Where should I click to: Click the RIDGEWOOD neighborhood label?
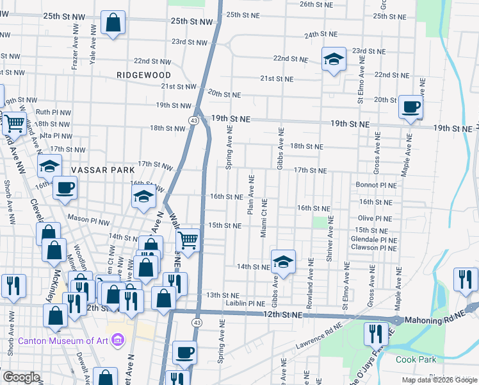point(144,75)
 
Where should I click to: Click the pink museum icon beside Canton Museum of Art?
point(118,339)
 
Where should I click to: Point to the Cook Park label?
point(416,359)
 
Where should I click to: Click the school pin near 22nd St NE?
point(334,60)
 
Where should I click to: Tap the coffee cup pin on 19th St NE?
point(410,107)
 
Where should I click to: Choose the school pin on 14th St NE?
point(282,261)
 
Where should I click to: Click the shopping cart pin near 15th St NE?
point(188,241)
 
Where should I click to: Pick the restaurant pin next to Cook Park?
point(373,334)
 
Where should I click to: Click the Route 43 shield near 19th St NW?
point(193,120)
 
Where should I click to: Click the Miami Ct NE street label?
point(264,219)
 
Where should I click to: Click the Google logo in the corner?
point(21,377)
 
